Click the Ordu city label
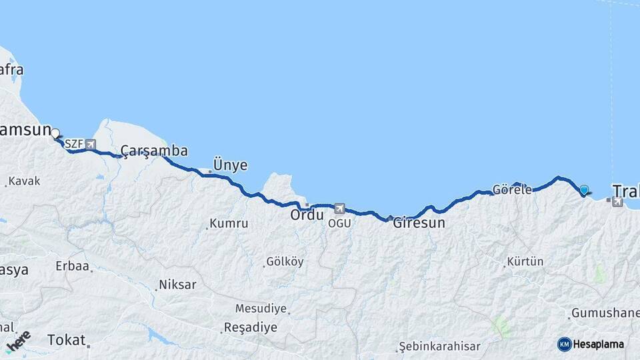307,216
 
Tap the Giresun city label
419,223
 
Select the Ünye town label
230,165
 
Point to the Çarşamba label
154,151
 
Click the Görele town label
512,189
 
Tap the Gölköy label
285,262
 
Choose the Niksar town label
177,285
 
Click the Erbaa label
72,266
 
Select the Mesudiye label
261,309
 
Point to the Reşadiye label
250,328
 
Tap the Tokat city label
67,340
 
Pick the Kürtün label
525,261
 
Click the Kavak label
25,181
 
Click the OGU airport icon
340,209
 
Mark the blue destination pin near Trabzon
585,190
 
